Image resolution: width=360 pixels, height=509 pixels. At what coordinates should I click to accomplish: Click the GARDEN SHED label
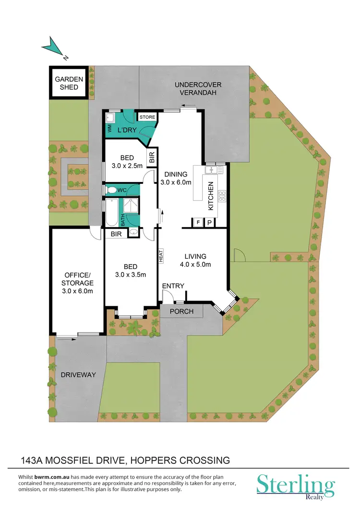pyautogui.click(x=69, y=83)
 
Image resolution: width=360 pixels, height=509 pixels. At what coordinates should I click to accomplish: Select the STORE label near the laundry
pyautogui.click(x=147, y=117)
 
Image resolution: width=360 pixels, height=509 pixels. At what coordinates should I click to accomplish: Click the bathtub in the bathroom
pyautogui.click(x=111, y=212)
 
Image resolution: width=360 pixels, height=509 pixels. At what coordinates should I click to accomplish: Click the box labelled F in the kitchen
pyautogui.click(x=198, y=222)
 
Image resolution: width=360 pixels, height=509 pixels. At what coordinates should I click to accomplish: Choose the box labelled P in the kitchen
pyautogui.click(x=209, y=222)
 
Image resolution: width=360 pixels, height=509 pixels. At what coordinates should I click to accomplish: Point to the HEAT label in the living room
pyautogui.click(x=162, y=255)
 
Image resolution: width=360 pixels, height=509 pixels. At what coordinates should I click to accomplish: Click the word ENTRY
pyautogui.click(x=173, y=286)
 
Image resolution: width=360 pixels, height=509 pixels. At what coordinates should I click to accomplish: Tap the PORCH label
pyautogui.click(x=182, y=311)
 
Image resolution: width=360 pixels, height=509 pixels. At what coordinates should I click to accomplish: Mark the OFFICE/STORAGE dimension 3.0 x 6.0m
pyautogui.click(x=78, y=291)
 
